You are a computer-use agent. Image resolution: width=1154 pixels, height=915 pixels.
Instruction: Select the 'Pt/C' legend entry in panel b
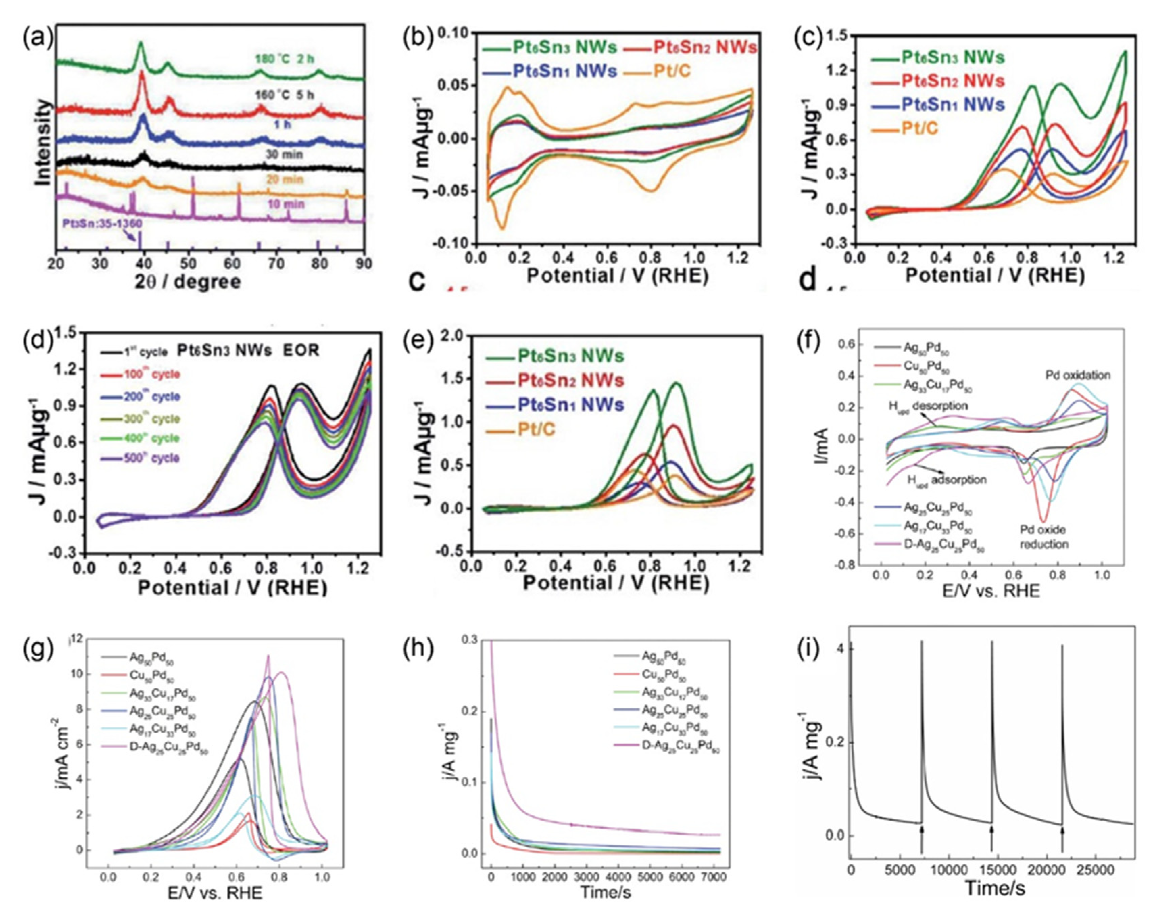tap(672, 71)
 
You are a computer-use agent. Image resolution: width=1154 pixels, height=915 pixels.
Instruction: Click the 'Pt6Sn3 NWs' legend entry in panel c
tap(952, 57)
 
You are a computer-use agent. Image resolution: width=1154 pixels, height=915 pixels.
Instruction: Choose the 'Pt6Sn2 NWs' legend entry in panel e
tap(570, 381)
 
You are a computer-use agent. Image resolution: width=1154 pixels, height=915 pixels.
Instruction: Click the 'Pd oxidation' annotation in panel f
tap(1077, 375)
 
